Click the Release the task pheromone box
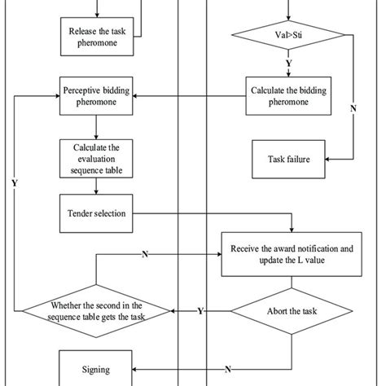[97, 38]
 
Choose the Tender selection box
[97, 214]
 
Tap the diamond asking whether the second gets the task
[97, 310]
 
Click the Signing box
[97, 369]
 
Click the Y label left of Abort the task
[201, 310]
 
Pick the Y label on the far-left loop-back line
[14, 182]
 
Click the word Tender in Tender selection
[81, 214]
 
